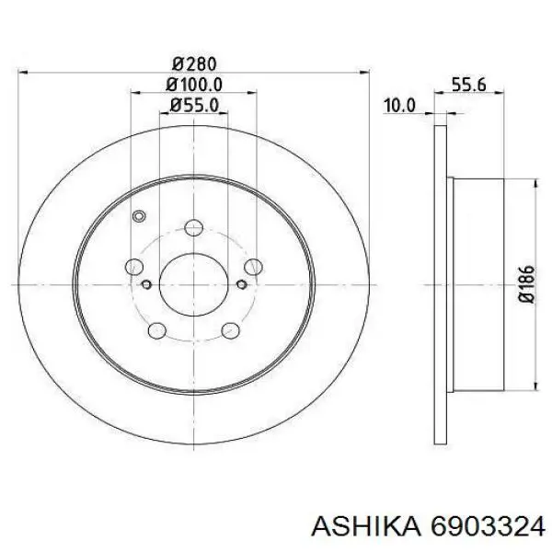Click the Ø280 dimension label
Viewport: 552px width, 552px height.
pos(194,64)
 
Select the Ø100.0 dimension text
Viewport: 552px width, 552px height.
pos(194,85)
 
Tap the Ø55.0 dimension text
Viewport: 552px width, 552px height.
pos(194,105)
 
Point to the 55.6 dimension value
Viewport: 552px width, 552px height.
pos(468,85)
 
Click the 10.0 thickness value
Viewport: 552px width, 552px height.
pos(399,106)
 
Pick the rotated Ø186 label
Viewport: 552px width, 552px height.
pos(526,284)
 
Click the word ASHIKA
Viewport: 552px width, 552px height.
pos(366,525)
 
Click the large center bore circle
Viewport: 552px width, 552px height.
pos(193,284)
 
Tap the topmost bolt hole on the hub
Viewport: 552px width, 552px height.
pos(193,228)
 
